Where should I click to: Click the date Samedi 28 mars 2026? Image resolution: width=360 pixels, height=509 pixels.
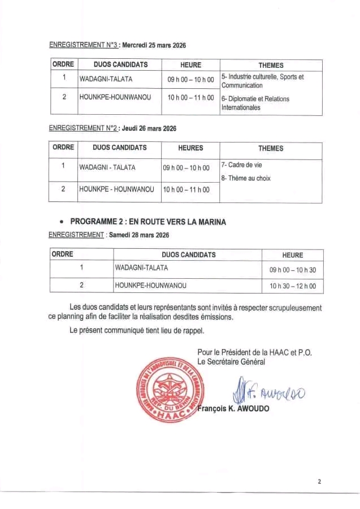(x=139, y=235)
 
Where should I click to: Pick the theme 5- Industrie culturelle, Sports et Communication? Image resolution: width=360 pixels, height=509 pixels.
(x=262, y=81)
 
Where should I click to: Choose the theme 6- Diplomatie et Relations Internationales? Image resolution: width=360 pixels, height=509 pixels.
(x=255, y=103)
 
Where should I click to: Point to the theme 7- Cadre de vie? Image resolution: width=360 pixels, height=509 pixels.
(x=241, y=165)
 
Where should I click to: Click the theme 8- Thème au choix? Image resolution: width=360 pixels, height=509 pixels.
(x=246, y=178)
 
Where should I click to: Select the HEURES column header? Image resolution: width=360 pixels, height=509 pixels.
(x=190, y=148)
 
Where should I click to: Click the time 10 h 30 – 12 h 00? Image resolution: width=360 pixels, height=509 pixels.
(x=292, y=287)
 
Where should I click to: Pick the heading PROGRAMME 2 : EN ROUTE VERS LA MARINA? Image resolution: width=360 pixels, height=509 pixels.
(x=148, y=222)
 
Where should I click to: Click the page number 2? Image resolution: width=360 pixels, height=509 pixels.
(x=319, y=482)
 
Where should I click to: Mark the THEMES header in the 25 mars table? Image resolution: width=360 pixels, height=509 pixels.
(x=271, y=65)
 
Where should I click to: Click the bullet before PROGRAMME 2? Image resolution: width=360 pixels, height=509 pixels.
(x=61, y=222)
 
